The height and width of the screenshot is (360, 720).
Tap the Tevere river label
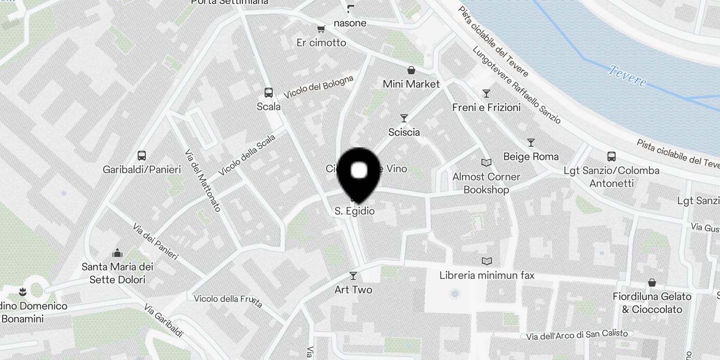(x=628, y=76)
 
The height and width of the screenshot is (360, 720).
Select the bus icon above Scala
(x=269, y=93)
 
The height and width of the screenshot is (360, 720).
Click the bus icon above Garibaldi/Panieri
(x=142, y=156)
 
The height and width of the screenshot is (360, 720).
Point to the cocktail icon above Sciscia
(x=404, y=118)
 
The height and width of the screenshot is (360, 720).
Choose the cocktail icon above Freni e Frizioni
(x=486, y=94)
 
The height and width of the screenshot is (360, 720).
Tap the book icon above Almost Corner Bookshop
(x=486, y=162)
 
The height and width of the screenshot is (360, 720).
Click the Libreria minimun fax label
(x=487, y=275)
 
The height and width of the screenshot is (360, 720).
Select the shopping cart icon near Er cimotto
(x=321, y=29)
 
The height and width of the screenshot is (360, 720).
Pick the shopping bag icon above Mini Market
(x=411, y=70)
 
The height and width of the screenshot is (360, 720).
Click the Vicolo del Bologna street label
(x=318, y=87)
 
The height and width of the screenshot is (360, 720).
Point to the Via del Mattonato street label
(x=202, y=180)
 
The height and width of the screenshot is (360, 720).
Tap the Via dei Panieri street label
(x=156, y=242)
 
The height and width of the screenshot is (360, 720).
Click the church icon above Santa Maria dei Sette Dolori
(x=117, y=252)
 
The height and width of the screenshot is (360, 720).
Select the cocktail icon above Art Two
(x=353, y=275)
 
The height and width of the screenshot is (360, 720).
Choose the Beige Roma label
(x=531, y=157)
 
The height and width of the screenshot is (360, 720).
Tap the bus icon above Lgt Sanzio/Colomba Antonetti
(x=612, y=157)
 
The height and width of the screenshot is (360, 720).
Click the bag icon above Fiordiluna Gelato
(x=652, y=283)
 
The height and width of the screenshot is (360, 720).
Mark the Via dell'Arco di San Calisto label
(x=577, y=335)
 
